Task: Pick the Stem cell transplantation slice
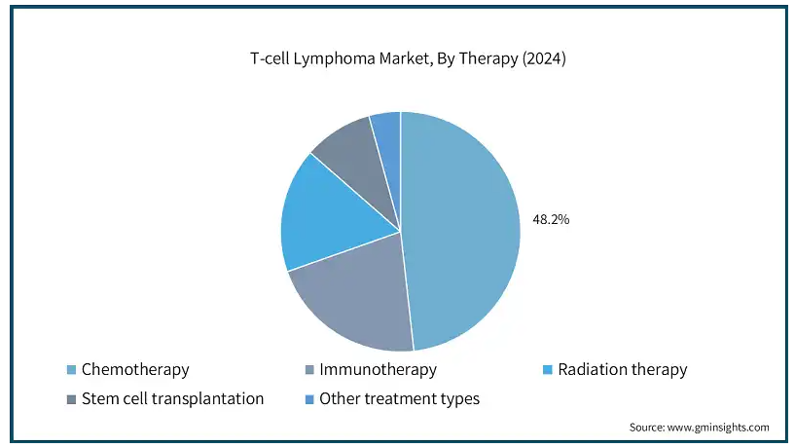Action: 363,163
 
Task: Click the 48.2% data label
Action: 551,219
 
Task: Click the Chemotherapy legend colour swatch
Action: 71,370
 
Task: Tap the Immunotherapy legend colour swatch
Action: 309,370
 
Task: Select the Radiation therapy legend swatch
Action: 548,370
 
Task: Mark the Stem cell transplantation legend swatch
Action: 71,399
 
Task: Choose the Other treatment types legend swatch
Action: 309,399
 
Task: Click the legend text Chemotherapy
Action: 135,370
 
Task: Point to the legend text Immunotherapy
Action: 378,370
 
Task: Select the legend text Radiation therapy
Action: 623,370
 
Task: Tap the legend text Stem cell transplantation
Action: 173,398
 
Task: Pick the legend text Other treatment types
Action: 400,399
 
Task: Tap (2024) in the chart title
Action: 544,58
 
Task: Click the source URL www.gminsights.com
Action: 718,428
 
